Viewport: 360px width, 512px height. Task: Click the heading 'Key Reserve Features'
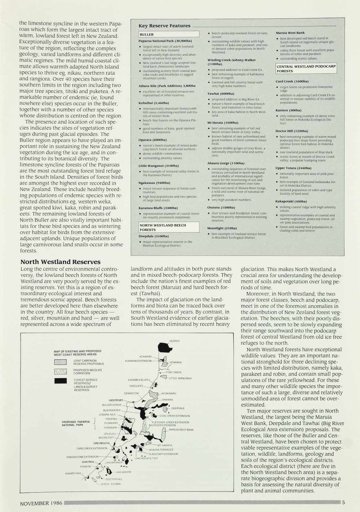pos(164,26)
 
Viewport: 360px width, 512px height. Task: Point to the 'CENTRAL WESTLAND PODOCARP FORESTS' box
pos(306,69)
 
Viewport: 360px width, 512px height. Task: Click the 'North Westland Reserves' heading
pos(60,262)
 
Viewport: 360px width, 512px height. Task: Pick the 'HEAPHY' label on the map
pos(175,341)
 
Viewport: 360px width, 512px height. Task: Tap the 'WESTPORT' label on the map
pos(116,400)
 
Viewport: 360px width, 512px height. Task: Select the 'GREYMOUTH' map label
pos(101,443)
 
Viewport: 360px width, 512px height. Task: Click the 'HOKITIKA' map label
pos(88,462)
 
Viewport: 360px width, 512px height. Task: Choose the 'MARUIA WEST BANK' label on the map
pos(181,430)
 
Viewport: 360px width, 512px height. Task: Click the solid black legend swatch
pos(60,381)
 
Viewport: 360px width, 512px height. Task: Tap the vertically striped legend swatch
pos(60,362)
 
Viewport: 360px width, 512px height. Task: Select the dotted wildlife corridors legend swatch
pos(60,372)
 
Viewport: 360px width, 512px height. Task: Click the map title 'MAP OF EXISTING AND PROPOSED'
pos(78,351)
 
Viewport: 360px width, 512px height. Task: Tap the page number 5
pos(344,503)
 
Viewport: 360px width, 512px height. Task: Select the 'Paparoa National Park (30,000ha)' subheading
pos(165,41)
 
